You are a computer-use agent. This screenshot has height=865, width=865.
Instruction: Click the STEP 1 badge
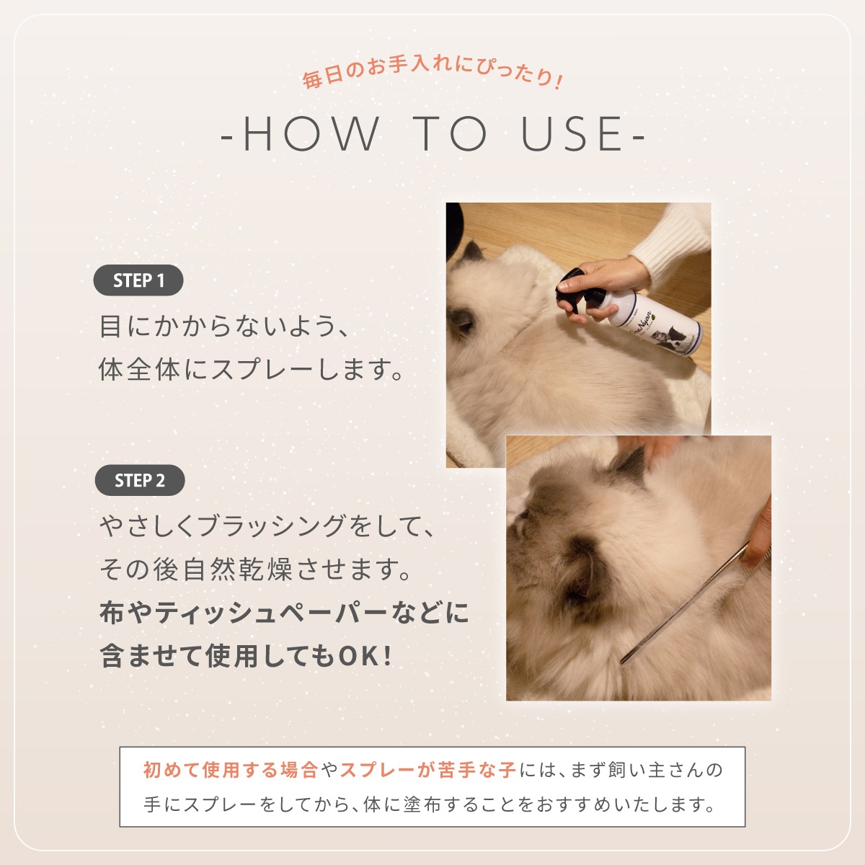click(138, 280)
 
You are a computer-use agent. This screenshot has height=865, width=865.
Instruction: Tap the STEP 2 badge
click(140, 480)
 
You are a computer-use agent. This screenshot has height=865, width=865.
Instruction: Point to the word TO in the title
click(450, 134)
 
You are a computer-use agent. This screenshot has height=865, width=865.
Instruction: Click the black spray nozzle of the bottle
click(572, 288)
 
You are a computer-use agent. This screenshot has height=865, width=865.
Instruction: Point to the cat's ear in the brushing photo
click(629, 467)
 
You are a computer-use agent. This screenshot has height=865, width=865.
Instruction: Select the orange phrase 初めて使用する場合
click(231, 770)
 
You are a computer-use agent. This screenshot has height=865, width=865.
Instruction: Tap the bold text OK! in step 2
click(365, 656)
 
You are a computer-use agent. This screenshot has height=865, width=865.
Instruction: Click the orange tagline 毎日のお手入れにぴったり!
click(432, 74)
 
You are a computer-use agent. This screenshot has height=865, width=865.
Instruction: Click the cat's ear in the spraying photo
click(471, 252)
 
